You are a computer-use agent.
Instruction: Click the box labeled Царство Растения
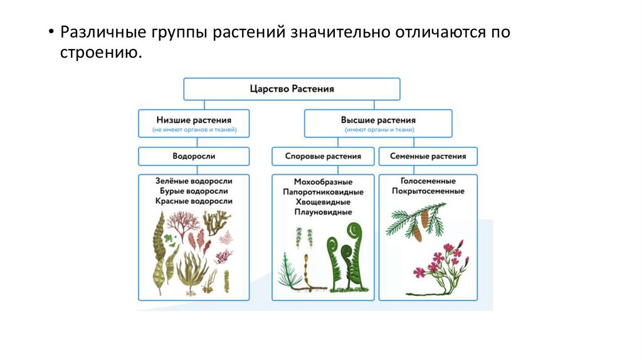[292, 89]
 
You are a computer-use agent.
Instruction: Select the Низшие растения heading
[193, 119]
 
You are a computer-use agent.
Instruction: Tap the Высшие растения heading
[378, 119]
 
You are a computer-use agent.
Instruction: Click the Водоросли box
[193, 156]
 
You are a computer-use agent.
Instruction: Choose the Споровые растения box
[323, 156]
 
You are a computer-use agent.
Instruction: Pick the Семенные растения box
[428, 156]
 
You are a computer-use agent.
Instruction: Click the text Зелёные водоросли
[193, 180]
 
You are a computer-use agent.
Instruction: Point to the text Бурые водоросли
[193, 191]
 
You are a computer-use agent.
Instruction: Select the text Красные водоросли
[193, 201]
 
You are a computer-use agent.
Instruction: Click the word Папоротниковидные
[323, 191]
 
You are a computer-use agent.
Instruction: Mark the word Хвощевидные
[323, 202]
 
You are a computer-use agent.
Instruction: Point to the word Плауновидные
[323, 213]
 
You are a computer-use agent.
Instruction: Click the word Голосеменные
[428, 180]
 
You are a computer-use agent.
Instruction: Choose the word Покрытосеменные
[428, 191]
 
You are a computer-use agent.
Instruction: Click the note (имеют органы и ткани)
[378, 130]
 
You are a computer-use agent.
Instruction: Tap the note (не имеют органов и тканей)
[193, 130]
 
